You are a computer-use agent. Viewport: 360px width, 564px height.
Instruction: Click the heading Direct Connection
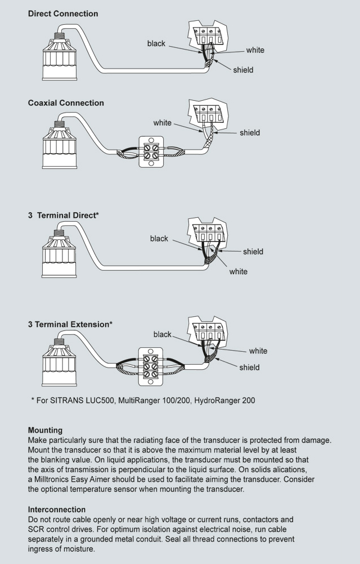pyautogui.click(x=63, y=14)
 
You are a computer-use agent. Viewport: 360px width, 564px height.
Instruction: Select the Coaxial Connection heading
pyautogui.click(x=66, y=103)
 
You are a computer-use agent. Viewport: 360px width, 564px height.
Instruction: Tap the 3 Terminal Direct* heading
pyautogui.click(x=64, y=216)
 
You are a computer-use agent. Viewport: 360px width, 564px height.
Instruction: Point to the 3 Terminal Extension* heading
pyautogui.click(x=70, y=324)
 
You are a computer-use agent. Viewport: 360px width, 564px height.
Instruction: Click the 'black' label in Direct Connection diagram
pyautogui.click(x=156, y=43)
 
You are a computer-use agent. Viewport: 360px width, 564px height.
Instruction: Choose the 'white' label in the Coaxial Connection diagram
pyautogui.click(x=163, y=123)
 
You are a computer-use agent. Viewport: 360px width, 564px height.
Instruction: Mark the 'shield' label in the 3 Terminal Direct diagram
pyautogui.click(x=253, y=252)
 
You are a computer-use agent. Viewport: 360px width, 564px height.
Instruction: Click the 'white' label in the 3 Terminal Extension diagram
pyautogui.click(x=258, y=351)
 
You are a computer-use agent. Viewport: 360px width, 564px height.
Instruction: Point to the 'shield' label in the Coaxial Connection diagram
pyautogui.click(x=250, y=133)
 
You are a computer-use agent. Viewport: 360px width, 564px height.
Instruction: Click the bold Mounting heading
pyautogui.click(x=45, y=431)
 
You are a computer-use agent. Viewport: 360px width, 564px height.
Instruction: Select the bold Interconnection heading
pyautogui.click(x=57, y=509)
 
